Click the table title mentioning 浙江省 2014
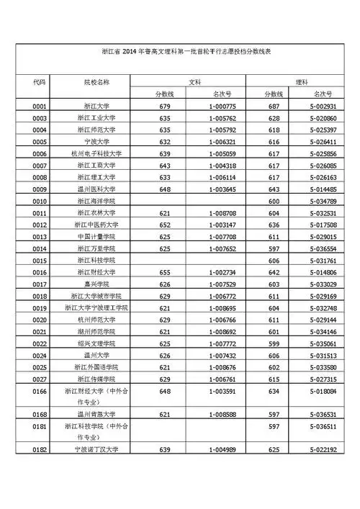click(180, 53)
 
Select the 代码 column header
click(40, 83)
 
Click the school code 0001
click(40, 107)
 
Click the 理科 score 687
click(274, 107)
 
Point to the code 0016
click(40, 272)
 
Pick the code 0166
click(40, 391)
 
